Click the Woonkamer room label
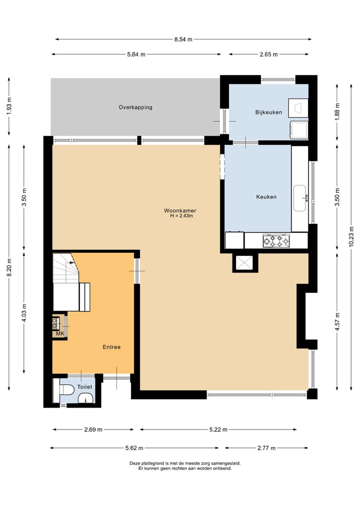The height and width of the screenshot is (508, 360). (180, 211)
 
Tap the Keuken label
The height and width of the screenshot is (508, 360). (266, 197)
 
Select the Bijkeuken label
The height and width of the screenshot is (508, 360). (268, 112)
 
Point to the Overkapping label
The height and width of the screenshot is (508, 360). (135, 107)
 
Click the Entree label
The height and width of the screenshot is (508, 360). (111, 347)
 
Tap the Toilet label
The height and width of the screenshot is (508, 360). (84, 387)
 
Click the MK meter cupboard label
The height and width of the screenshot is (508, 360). (60, 334)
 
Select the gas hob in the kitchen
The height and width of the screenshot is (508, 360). (276, 241)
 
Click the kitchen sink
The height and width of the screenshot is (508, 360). (299, 198)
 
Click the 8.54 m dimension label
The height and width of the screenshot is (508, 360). (183, 39)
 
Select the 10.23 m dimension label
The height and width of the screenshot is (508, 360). (351, 237)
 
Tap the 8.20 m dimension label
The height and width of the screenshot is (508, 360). (9, 267)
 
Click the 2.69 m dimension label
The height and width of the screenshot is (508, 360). (93, 430)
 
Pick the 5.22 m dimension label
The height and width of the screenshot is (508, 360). (218, 430)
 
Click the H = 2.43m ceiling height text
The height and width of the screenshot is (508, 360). (181, 216)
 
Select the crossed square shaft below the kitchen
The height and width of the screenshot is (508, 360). (245, 262)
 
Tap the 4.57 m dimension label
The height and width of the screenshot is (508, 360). (337, 322)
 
